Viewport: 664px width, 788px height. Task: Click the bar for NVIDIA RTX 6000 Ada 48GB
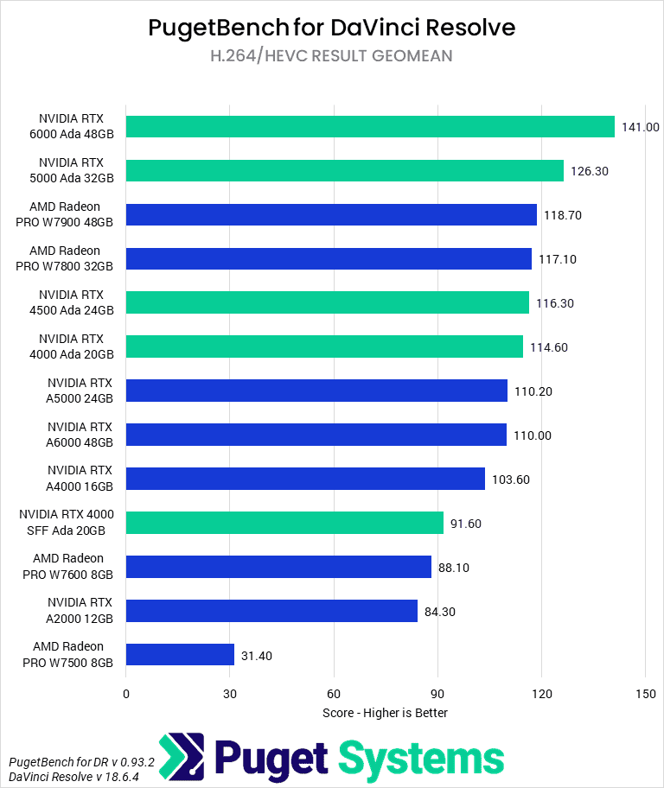(370, 126)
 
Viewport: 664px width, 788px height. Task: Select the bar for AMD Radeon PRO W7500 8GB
(180, 654)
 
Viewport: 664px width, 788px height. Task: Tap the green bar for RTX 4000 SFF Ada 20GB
(284, 523)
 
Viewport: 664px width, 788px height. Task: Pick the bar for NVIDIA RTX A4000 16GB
(305, 479)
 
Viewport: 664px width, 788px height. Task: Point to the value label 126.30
(590, 171)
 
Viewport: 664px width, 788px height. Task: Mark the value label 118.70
(563, 215)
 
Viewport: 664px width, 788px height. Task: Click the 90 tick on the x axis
(437, 693)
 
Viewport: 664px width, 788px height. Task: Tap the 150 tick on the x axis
(645, 693)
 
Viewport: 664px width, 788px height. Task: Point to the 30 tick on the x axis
(230, 693)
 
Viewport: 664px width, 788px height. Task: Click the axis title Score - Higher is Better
(385, 713)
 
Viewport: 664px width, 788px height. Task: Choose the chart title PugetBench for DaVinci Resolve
(332, 28)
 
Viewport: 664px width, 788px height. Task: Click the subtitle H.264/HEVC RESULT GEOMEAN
(332, 56)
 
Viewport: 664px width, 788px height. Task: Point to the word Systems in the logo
(421, 758)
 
